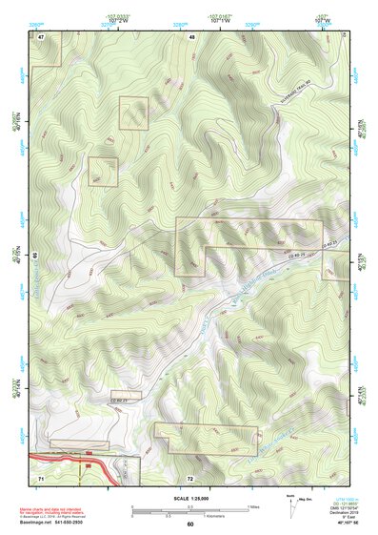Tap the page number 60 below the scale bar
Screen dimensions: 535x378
(x=189, y=524)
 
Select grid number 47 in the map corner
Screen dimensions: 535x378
(x=42, y=35)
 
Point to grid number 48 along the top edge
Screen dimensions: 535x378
(x=192, y=35)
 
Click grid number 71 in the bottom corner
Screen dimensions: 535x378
(x=41, y=476)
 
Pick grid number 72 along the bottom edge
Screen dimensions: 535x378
(x=189, y=477)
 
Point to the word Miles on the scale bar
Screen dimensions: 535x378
(x=252, y=505)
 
